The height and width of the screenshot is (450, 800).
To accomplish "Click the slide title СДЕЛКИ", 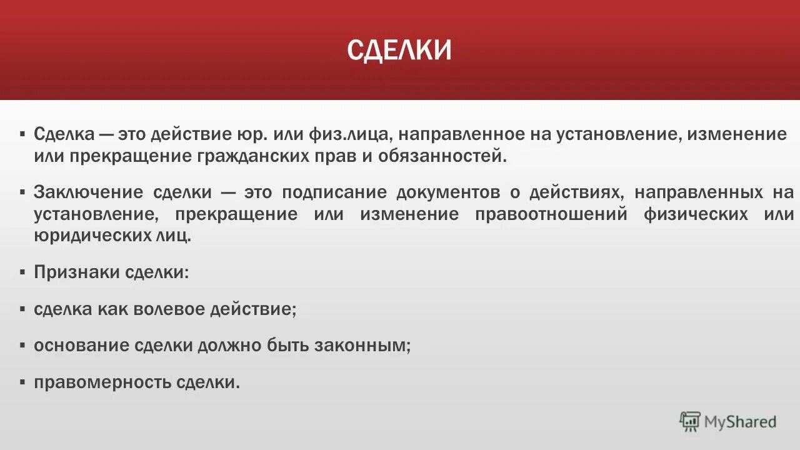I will pyautogui.click(x=399, y=51).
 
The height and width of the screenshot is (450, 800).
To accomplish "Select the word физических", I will pyautogui.click(x=696, y=214).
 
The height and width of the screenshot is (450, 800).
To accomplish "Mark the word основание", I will pyautogui.click(x=82, y=346).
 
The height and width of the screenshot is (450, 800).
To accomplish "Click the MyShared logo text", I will pyautogui.click(x=740, y=422).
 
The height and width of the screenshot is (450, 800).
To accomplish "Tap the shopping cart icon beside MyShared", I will pyautogui.click(x=690, y=422).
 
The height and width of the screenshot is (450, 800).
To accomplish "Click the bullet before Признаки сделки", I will pyautogui.click(x=22, y=273).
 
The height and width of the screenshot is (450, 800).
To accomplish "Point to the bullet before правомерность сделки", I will pyautogui.click(x=22, y=382).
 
